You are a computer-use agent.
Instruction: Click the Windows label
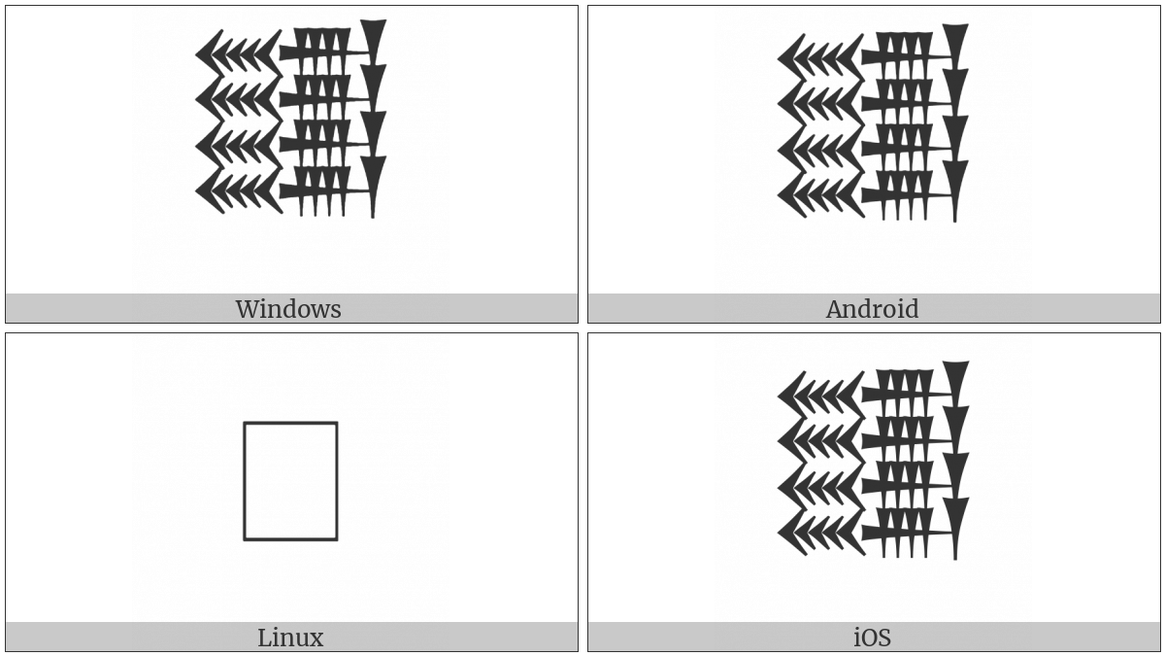pyautogui.click(x=288, y=309)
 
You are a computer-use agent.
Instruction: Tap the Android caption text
pyautogui.click(x=872, y=309)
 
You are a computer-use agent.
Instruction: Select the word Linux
pyautogui.click(x=290, y=638)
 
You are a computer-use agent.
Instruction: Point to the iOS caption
pyautogui.click(x=872, y=638)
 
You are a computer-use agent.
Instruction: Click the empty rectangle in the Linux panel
pyautogui.click(x=290, y=480)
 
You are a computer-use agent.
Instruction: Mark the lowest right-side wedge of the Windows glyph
pyautogui.click(x=374, y=177)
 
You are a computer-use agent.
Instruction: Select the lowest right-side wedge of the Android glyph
pyautogui.click(x=956, y=181)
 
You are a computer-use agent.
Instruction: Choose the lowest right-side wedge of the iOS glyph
pyautogui.click(x=956, y=518)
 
